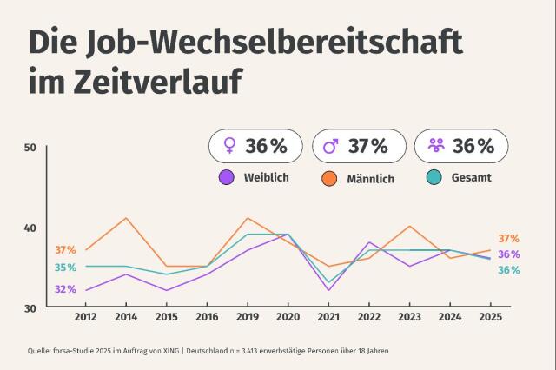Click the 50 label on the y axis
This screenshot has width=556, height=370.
pos(30,148)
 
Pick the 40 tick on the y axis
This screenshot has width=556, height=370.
pos(30,228)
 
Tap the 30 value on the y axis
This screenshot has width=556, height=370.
pos(30,307)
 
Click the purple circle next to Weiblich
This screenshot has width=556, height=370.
pos(227,178)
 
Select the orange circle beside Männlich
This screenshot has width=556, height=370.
pos(329,178)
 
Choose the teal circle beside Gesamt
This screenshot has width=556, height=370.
pos(435,178)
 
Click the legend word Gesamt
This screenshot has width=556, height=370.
pos(472,178)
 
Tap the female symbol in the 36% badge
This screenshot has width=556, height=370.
pos(230,146)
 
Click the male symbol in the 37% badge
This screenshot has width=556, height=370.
pos(331,146)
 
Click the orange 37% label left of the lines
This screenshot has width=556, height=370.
pos(65,250)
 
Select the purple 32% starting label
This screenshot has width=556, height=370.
pos(65,289)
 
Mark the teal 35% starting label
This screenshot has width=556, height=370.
pos(65,268)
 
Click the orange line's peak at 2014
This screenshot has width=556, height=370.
pos(127,218)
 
